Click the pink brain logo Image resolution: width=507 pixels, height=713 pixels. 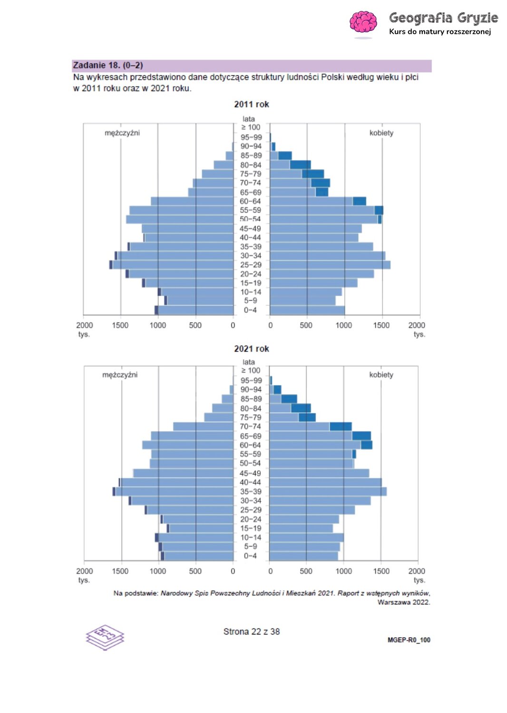[363, 22]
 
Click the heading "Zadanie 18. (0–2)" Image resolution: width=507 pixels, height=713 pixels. [108, 66]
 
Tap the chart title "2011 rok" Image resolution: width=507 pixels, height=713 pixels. [251, 105]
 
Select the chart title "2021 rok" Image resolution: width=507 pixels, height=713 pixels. [251, 349]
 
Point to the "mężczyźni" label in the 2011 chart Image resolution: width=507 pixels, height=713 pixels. [122, 133]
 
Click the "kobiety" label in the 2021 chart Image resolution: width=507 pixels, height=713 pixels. [381, 375]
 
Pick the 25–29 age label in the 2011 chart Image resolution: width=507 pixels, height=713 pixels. [251, 265]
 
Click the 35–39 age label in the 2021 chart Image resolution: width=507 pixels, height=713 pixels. [251, 491]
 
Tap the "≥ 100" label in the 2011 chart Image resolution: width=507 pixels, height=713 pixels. [251, 127]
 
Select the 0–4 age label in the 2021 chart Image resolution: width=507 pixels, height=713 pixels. [250, 556]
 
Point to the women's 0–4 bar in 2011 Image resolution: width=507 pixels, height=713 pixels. [307, 310]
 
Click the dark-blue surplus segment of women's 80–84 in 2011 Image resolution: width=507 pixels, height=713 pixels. [300, 165]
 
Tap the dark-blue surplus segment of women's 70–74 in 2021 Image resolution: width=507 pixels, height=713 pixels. [341, 427]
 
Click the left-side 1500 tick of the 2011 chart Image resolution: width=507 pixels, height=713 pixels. [120, 326]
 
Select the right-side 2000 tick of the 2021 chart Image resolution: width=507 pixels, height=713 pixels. [417, 571]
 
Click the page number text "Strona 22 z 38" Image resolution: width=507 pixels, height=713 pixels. [251, 632]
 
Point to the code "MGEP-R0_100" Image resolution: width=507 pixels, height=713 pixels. [409, 640]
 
